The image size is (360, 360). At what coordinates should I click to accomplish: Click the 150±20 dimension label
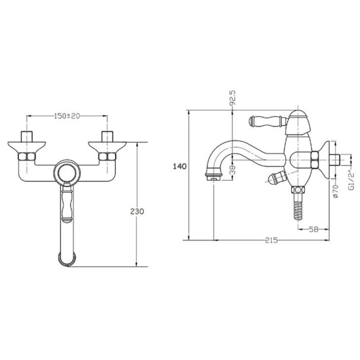click(67, 116)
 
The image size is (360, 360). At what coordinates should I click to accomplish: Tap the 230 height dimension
click(137, 211)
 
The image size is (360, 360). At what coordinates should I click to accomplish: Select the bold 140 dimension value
click(180, 166)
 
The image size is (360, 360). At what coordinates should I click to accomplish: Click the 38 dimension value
click(232, 170)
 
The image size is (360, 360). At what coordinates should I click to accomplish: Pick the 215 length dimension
click(271, 240)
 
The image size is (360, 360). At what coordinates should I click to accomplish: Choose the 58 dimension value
click(313, 229)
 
